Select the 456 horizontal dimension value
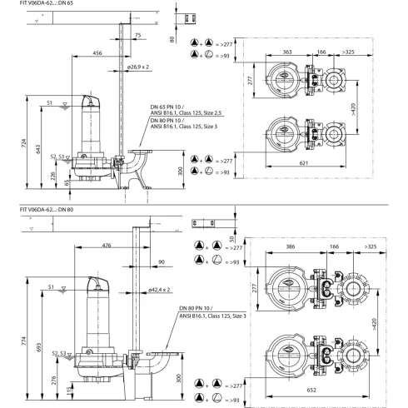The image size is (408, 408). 98,52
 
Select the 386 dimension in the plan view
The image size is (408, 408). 291,248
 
